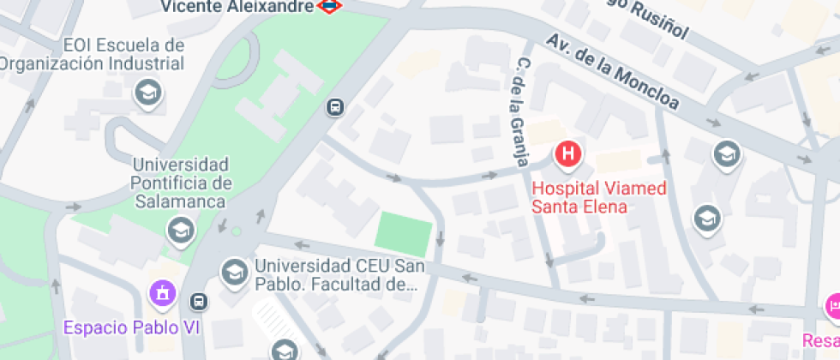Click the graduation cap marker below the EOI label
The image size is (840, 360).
pyautogui.click(x=149, y=92)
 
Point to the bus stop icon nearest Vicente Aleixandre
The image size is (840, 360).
pyautogui.click(x=335, y=108)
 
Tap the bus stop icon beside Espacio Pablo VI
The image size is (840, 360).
pyautogui.click(x=199, y=301)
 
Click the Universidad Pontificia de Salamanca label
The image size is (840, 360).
pyautogui.click(x=180, y=183)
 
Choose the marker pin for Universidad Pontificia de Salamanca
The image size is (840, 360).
pyautogui.click(x=180, y=230)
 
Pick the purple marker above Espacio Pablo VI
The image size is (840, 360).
pyautogui.click(x=160, y=293)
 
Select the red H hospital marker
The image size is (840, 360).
pyautogui.click(x=568, y=155)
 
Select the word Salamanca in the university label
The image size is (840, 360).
pyautogui.click(x=180, y=201)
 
